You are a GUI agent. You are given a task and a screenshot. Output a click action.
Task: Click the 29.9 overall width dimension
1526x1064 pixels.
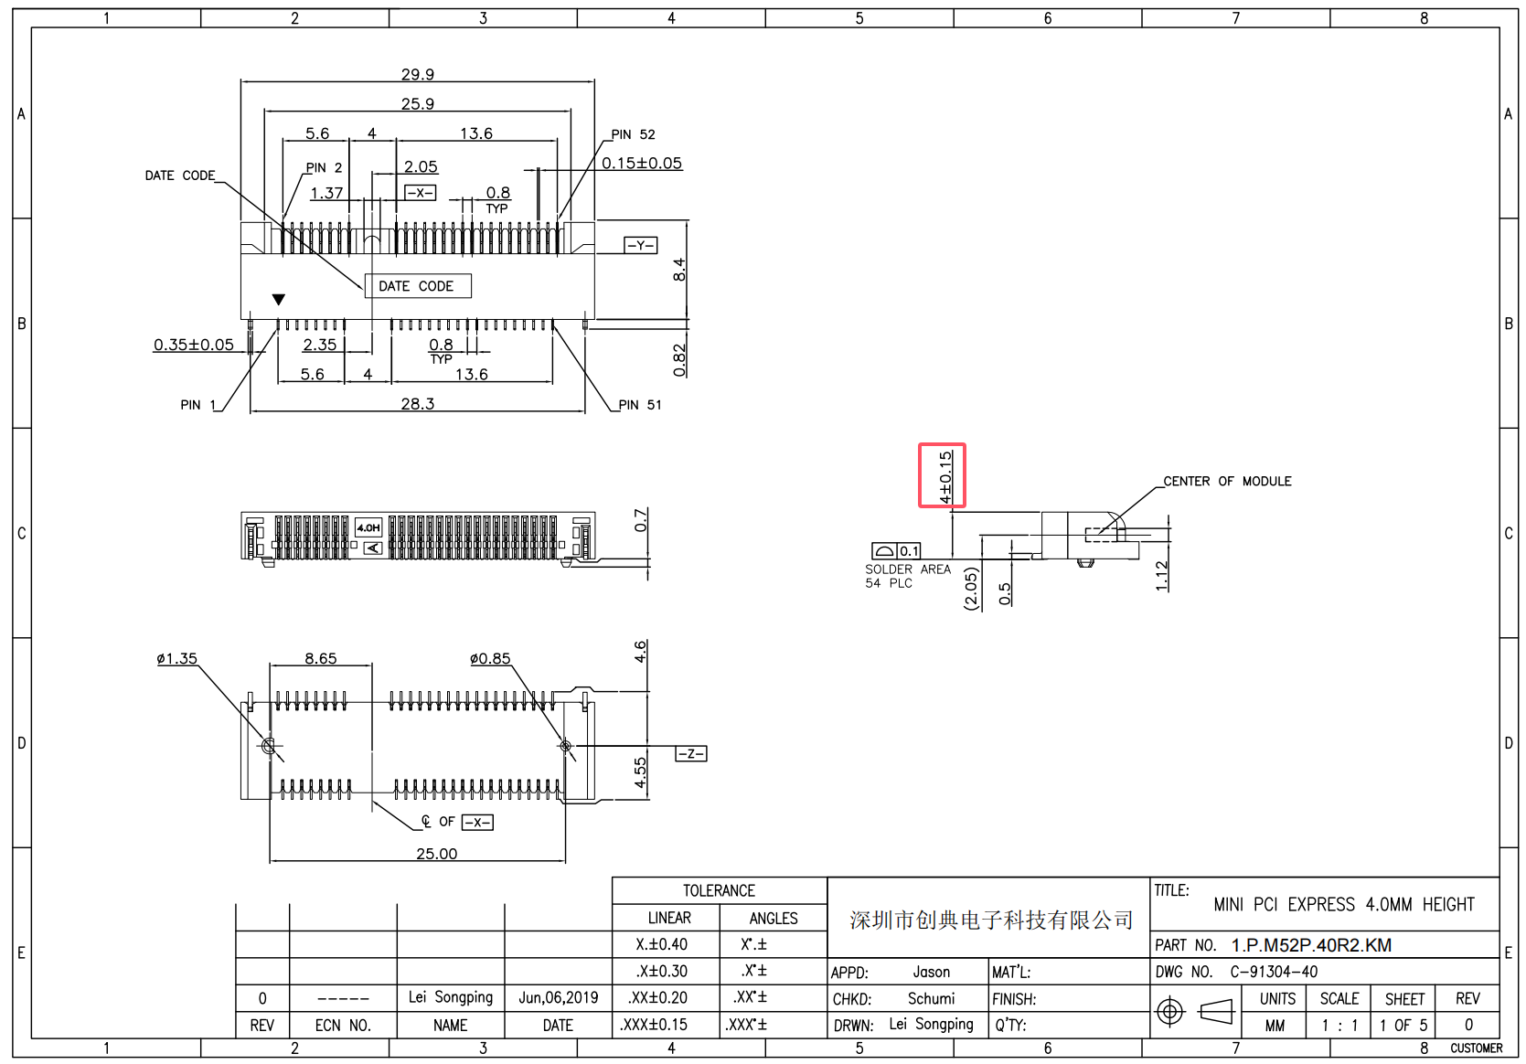pyautogui.click(x=417, y=73)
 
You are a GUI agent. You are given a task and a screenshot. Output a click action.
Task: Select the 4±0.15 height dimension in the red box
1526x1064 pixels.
pyautogui.click(x=945, y=477)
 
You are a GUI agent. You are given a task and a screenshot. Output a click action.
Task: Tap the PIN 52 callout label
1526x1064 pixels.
pyautogui.click(x=633, y=134)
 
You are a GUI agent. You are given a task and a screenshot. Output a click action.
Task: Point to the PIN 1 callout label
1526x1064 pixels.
pyautogui.click(x=197, y=405)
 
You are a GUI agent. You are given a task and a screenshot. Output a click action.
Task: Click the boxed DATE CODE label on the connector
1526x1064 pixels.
pyautogui.click(x=418, y=286)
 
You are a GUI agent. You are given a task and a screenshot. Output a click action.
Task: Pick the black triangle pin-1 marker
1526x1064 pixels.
pyautogui.click(x=278, y=300)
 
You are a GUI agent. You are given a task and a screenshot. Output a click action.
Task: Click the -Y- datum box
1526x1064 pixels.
pyautogui.click(x=640, y=245)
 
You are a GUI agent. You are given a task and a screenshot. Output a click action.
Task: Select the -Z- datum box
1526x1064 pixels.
pyautogui.click(x=691, y=753)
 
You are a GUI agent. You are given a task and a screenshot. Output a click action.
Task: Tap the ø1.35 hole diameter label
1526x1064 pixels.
pyautogui.click(x=176, y=658)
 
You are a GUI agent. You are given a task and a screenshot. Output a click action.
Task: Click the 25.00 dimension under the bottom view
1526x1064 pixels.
pyautogui.click(x=437, y=854)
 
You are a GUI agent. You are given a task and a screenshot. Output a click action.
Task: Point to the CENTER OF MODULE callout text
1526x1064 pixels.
pyautogui.click(x=1227, y=481)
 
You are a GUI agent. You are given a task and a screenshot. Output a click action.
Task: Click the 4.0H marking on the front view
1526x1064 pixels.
pyautogui.click(x=368, y=527)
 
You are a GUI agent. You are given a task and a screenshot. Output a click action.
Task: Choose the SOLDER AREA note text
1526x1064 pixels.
pyautogui.click(x=907, y=569)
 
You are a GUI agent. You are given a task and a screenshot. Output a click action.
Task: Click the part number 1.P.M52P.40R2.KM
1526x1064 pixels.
pyautogui.click(x=1311, y=945)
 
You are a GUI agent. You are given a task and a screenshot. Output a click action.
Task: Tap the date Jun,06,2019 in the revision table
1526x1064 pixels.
pyautogui.click(x=558, y=997)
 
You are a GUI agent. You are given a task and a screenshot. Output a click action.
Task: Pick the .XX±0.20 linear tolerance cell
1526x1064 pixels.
pyautogui.click(x=657, y=997)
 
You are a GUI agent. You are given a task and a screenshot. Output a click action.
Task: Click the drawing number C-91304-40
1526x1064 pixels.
pyautogui.click(x=1274, y=972)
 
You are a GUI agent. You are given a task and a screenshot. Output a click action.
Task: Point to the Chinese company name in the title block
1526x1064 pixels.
pyautogui.click(x=990, y=920)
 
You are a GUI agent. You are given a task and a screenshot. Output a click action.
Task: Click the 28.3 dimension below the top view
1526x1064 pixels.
pyautogui.click(x=417, y=403)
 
